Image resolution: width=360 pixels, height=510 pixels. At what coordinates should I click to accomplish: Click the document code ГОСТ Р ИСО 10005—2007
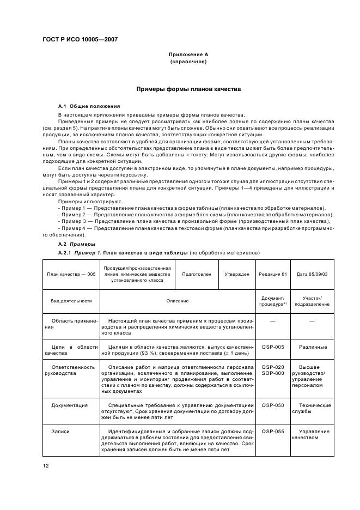coord(81,40)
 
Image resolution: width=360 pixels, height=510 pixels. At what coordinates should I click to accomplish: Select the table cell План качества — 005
coord(71,274)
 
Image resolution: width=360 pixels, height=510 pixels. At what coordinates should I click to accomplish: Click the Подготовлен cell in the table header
coord(197,274)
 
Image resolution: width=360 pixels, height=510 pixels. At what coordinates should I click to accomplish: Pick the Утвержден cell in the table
coord(237,274)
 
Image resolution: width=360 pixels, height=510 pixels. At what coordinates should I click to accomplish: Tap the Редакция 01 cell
coord(272,274)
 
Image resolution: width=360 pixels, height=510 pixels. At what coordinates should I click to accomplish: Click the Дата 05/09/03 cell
coord(312,274)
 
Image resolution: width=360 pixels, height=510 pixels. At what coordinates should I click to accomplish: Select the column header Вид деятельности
coord(71,301)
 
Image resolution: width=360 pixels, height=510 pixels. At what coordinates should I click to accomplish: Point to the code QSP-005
coord(272,347)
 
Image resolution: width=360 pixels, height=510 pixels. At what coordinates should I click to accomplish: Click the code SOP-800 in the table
coord(272,374)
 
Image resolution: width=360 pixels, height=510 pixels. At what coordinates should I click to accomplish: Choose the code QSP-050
coord(272,405)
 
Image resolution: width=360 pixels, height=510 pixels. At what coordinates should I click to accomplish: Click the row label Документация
coord(70,405)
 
